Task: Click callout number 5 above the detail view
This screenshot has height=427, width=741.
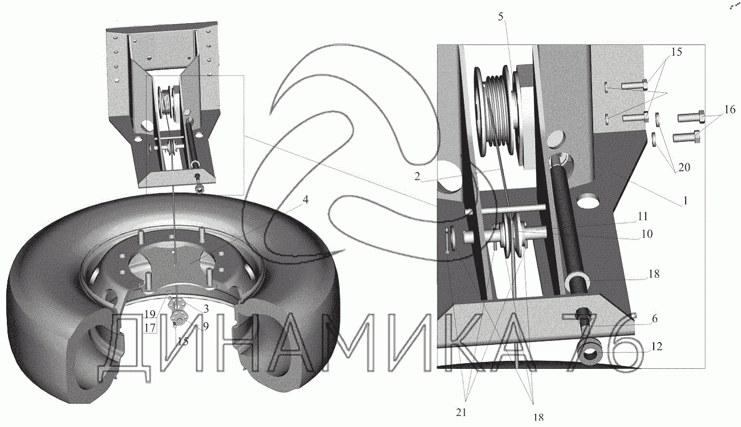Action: tap(501, 17)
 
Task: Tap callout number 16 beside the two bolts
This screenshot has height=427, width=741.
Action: tap(730, 109)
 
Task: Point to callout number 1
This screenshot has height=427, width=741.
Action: tap(686, 201)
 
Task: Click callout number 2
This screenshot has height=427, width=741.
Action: tap(417, 177)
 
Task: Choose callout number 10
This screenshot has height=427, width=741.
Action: tap(647, 234)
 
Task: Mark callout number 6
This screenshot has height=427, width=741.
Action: tap(654, 319)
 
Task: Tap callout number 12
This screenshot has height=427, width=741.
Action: tap(657, 347)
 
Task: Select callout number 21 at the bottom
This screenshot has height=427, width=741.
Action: tap(461, 412)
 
